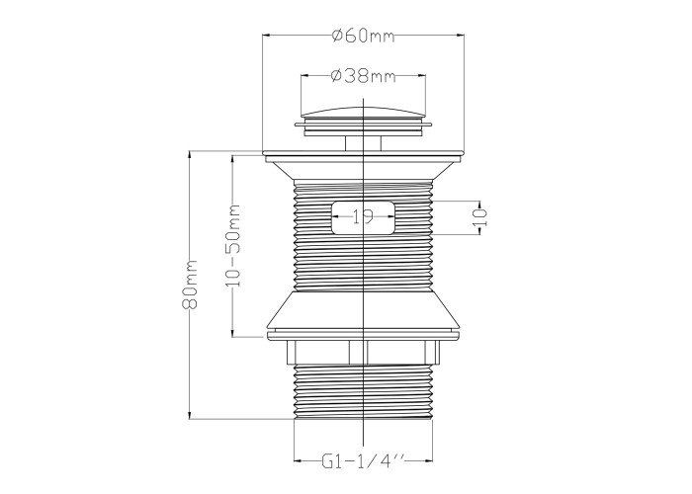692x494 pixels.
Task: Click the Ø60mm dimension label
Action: click(363, 36)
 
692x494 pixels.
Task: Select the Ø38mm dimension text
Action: click(363, 76)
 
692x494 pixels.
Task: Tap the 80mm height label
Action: click(190, 285)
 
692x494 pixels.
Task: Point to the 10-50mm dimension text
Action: click(233, 245)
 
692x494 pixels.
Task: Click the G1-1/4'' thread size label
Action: click(363, 461)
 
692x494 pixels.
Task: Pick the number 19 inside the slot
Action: click(363, 216)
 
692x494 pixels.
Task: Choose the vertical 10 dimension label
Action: click(480, 217)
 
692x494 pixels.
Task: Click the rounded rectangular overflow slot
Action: click(363, 217)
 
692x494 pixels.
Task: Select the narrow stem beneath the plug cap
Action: click(363, 143)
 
